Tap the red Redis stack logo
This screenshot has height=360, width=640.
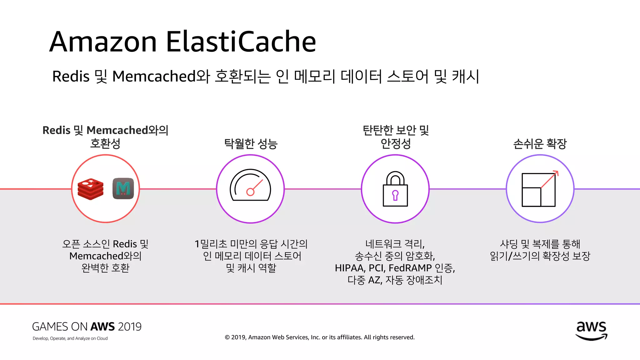click(x=90, y=189)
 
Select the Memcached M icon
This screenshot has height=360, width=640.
click(x=123, y=188)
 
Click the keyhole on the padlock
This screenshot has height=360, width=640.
click(x=395, y=195)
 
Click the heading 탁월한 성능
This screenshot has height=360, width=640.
click(x=251, y=144)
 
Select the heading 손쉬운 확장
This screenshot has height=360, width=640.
click(x=540, y=144)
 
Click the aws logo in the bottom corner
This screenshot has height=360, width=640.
click(x=591, y=331)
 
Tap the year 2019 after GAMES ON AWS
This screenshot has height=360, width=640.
click(x=130, y=327)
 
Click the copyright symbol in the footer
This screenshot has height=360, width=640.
click(x=227, y=337)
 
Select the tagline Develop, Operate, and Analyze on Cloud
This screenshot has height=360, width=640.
click(x=70, y=338)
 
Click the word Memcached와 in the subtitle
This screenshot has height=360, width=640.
click(x=161, y=76)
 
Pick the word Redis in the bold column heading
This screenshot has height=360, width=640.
click(x=56, y=130)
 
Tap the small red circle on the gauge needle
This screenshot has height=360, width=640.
click(x=250, y=192)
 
